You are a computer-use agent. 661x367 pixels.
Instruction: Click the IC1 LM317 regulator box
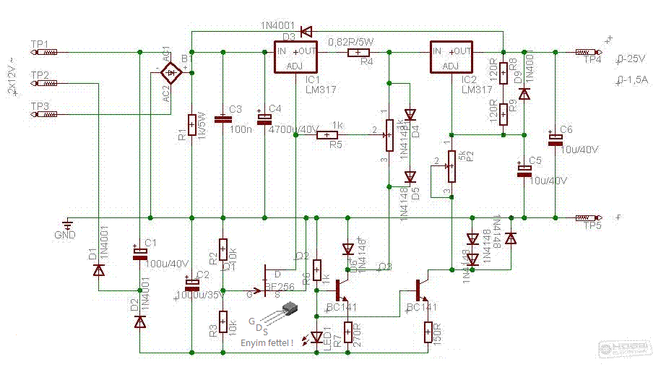pyautogui.click(x=296, y=58)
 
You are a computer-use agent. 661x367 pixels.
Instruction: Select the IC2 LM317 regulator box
pyautogui.click(x=453, y=58)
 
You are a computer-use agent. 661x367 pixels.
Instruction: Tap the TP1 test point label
pyautogui.click(x=40, y=45)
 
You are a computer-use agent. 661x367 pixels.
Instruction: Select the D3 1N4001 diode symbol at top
pyautogui.click(x=306, y=32)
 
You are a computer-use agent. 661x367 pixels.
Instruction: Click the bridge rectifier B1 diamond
pyautogui.click(x=171, y=72)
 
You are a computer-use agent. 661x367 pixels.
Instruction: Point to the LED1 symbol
pyautogui.click(x=317, y=336)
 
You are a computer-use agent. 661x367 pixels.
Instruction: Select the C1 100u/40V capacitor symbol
pyautogui.click(x=139, y=253)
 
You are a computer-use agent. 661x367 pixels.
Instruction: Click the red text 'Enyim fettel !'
pyautogui.click(x=267, y=343)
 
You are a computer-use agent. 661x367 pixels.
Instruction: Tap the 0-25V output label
pyautogui.click(x=631, y=58)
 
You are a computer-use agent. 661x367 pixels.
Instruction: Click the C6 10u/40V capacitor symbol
pyautogui.click(x=555, y=138)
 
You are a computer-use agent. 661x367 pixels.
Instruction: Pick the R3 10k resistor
pyautogui.click(x=223, y=319)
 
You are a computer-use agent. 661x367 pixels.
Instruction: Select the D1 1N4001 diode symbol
pyautogui.click(x=98, y=269)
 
